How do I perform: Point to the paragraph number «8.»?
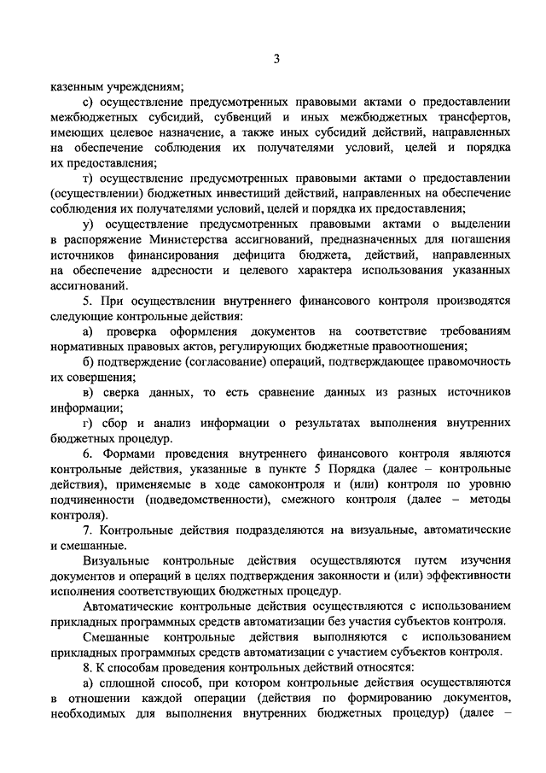click(x=89, y=670)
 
